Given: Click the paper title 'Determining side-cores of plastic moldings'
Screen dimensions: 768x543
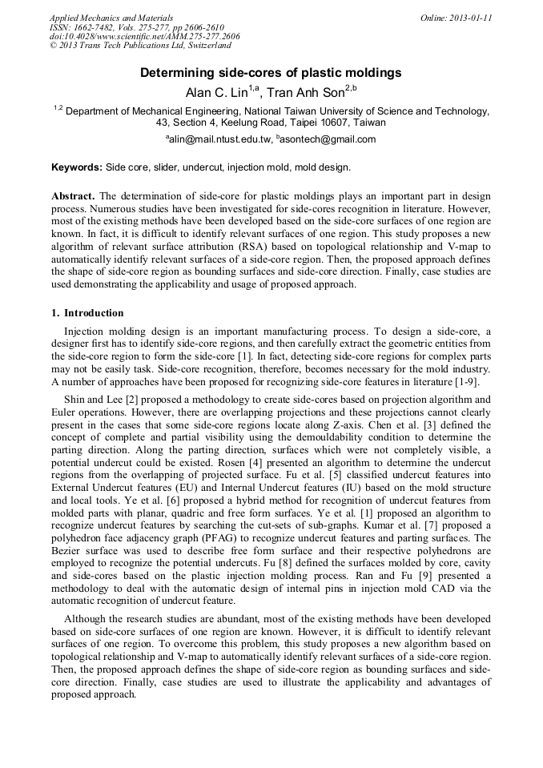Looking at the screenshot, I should (x=271, y=73).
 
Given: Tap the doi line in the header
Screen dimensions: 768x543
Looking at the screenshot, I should (x=144, y=37).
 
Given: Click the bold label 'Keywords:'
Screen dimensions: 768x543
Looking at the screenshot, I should (x=77, y=168).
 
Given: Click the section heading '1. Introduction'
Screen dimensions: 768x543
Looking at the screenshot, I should (x=87, y=312).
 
